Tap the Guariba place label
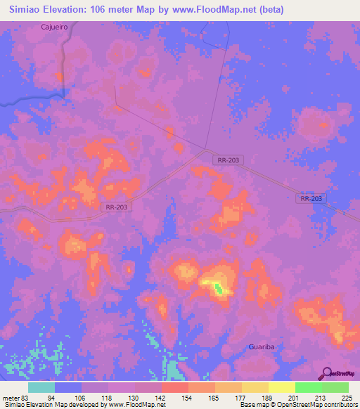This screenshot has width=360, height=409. pos(263,347)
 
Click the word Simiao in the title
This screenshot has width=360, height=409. pos(30,9)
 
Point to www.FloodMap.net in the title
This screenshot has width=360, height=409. pos(233,9)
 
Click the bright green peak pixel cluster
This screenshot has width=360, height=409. pos(219,287)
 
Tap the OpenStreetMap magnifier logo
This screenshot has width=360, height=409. pos(326,373)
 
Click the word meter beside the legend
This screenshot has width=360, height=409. pos(12,398)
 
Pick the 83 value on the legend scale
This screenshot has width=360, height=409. pos(27,398)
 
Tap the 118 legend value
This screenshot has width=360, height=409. pos(108,398)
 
